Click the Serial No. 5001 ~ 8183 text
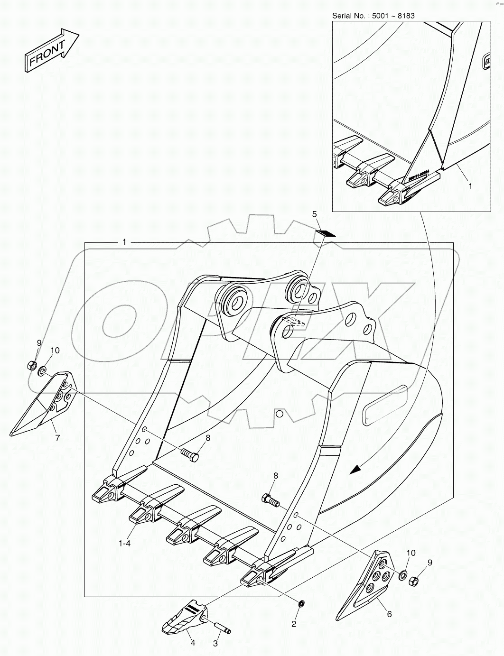(373, 16)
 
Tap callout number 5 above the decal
(314, 214)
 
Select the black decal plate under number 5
(326, 233)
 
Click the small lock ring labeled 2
(300, 604)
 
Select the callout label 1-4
(124, 544)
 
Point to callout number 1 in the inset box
(470, 186)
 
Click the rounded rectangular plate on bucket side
(385, 405)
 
